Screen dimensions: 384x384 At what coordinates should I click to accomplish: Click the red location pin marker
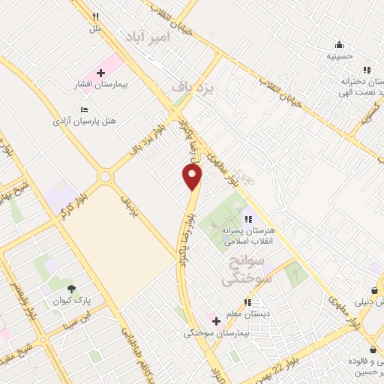[x=193, y=176]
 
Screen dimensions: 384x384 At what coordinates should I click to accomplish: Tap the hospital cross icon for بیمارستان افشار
[x=100, y=73]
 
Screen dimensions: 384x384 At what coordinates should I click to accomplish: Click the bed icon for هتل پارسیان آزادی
[x=84, y=109]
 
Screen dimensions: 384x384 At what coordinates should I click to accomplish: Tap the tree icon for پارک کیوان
[x=72, y=288]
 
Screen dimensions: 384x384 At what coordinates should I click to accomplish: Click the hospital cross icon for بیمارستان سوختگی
[x=216, y=321]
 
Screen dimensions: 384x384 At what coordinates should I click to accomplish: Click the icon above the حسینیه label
[x=340, y=44]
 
